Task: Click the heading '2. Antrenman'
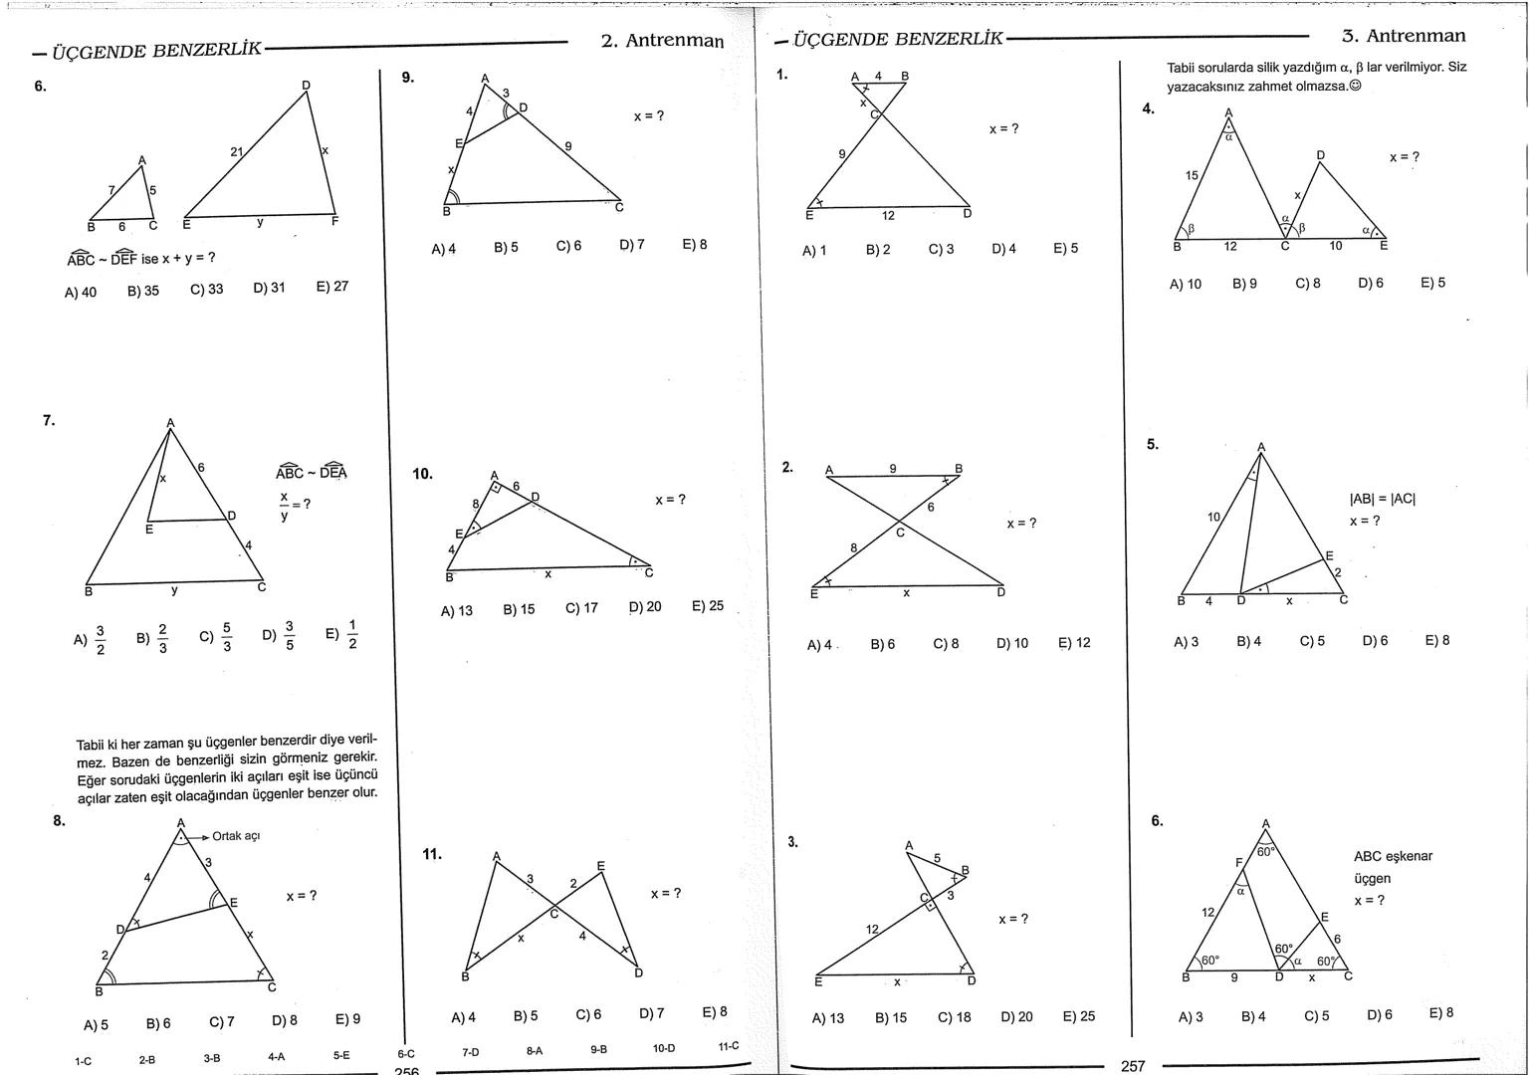(x=662, y=41)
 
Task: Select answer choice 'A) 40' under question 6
(x=81, y=292)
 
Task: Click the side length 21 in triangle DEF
(x=237, y=152)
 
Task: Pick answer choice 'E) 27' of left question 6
(x=332, y=287)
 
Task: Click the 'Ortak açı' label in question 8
(x=236, y=836)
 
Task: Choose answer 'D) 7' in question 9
(x=632, y=245)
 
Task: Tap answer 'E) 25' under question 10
(x=708, y=606)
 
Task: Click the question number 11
(x=432, y=854)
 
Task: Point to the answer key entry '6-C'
(x=406, y=1053)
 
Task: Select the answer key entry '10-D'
(x=664, y=1048)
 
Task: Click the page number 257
(x=1133, y=1066)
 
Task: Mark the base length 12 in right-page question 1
(x=888, y=216)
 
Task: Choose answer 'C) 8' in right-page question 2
(x=946, y=644)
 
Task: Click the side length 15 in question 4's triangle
(x=1192, y=175)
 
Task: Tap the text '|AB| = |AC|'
(x=1383, y=499)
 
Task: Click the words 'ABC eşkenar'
(x=1393, y=856)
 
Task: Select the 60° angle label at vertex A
(x=1265, y=851)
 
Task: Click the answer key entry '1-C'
(x=84, y=1061)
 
